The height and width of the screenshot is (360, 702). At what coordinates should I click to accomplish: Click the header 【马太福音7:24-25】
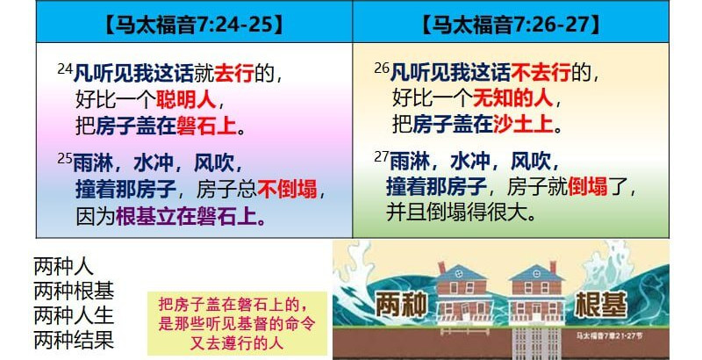click(x=194, y=25)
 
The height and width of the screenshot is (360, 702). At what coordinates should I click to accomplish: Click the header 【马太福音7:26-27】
click(x=511, y=25)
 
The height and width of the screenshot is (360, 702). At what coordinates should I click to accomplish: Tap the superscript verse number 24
click(x=65, y=68)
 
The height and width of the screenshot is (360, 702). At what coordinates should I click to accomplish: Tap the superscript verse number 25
click(x=65, y=158)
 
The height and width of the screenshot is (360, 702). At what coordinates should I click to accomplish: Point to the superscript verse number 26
click(x=382, y=68)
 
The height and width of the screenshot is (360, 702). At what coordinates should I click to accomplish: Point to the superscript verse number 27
click(x=382, y=157)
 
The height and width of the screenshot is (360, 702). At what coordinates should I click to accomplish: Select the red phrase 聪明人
click(x=186, y=99)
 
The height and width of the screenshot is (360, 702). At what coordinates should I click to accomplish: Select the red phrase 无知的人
click(x=512, y=97)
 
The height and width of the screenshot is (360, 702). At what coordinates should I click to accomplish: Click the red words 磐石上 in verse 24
click(x=206, y=126)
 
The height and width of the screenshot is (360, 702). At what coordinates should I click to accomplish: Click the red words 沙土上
click(x=523, y=125)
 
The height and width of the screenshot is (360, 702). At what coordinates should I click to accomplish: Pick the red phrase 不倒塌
click(x=287, y=190)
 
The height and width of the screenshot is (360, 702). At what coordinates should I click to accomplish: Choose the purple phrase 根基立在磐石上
click(x=190, y=217)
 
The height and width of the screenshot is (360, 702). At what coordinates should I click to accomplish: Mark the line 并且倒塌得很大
click(x=462, y=212)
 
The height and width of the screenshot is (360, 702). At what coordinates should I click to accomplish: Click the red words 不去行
click(x=541, y=73)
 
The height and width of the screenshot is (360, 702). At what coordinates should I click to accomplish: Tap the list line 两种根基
click(x=74, y=292)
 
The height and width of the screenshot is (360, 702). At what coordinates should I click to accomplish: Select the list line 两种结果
click(x=74, y=341)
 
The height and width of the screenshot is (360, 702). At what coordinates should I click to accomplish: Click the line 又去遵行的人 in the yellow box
click(x=237, y=343)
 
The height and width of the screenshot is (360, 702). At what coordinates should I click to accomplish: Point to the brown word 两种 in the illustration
click(x=401, y=305)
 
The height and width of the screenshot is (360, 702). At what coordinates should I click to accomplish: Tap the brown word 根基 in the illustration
click(x=601, y=305)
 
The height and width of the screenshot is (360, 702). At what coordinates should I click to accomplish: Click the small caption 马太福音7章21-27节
click(x=609, y=335)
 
